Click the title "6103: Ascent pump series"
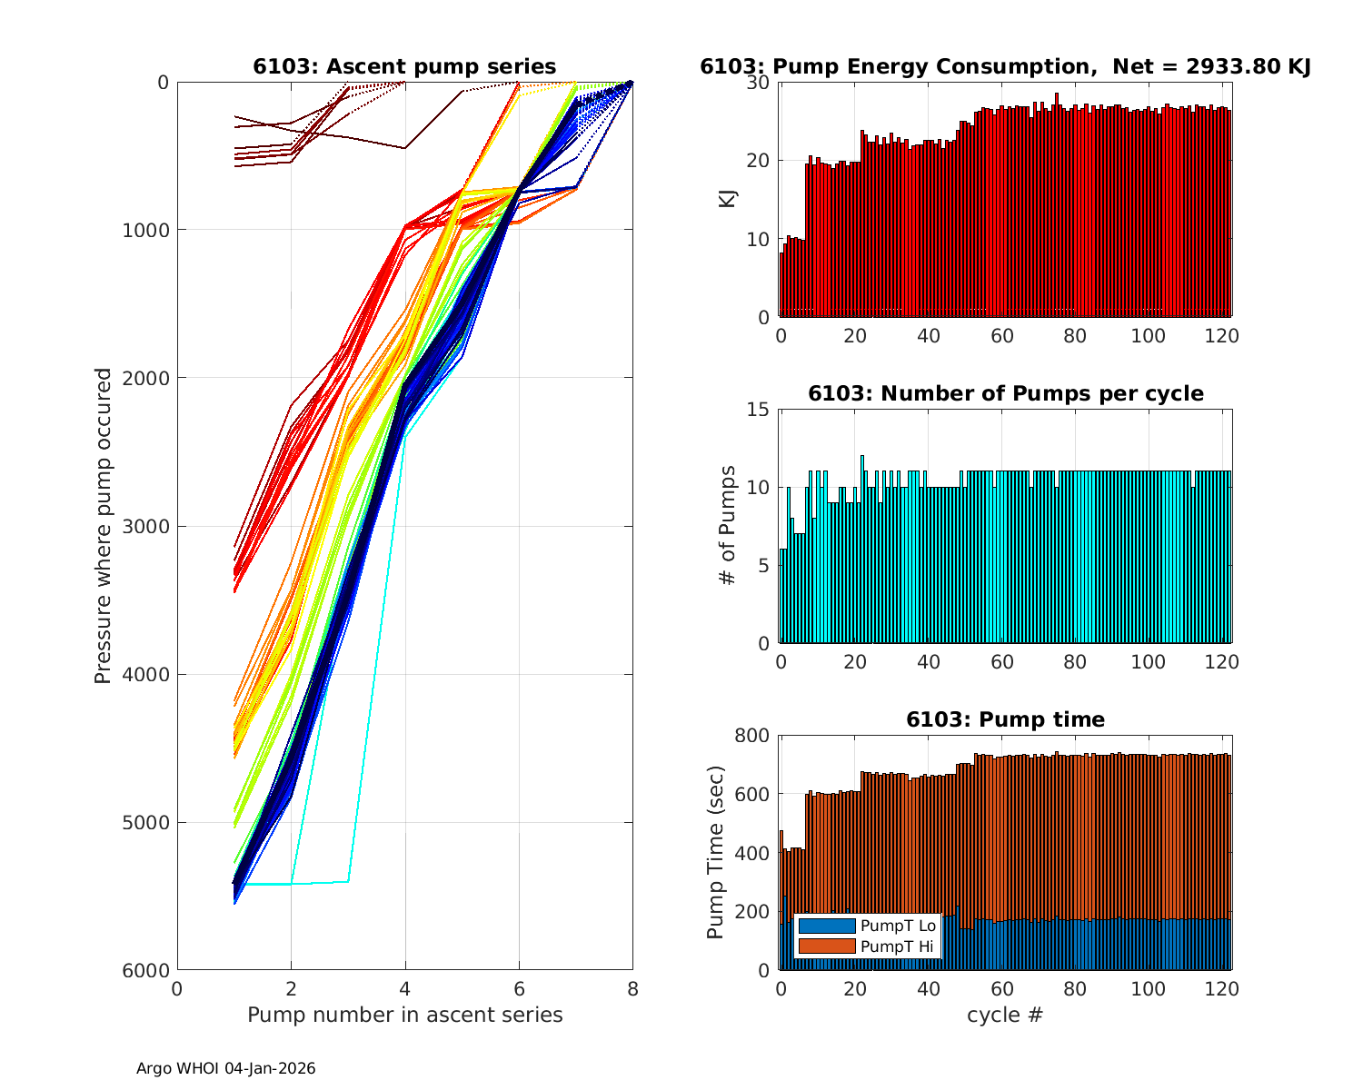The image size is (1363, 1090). coord(404,66)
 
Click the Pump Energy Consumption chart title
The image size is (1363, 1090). coord(1005,66)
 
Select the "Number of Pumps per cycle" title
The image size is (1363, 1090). coord(1005,393)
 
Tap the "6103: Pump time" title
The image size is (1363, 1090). coord(1005,719)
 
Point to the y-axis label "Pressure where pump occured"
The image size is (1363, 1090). coord(104,525)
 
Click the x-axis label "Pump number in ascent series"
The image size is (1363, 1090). coord(404,1015)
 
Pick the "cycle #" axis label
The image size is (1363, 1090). coord(1005,1015)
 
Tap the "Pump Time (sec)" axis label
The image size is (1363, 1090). coord(717,852)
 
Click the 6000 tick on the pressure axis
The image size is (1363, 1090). coord(150,971)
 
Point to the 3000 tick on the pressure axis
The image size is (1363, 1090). coord(150,527)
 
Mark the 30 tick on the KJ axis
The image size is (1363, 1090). coord(760,83)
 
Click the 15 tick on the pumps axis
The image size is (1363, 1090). coord(760,410)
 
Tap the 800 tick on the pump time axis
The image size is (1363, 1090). coord(752,736)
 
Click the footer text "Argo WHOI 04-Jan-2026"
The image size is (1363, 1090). coord(225,1068)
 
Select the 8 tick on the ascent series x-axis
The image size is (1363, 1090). coord(632,989)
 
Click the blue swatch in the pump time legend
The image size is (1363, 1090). coord(827,926)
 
